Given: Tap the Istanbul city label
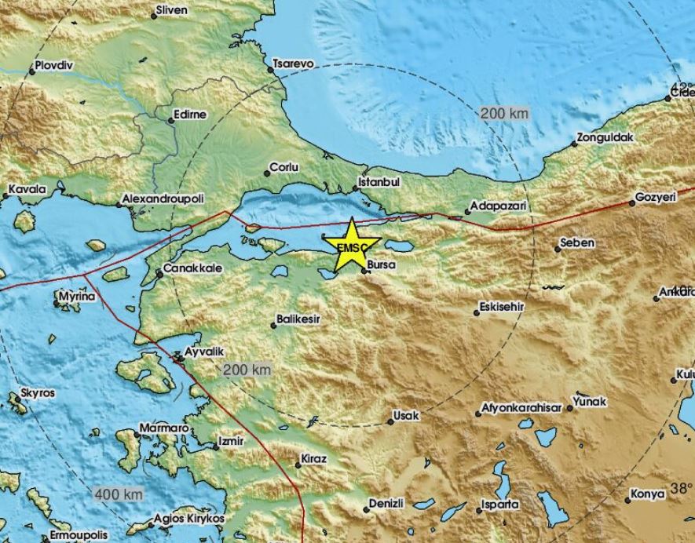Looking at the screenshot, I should (x=379, y=181).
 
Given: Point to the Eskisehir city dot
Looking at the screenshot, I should (x=477, y=312).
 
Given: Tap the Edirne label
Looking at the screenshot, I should (x=192, y=115).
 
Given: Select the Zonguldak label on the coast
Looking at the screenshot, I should (x=605, y=137).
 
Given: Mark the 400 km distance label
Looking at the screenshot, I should (x=118, y=494).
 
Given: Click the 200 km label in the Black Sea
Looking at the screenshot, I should (x=503, y=114).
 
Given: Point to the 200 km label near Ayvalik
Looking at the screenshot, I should (x=247, y=370).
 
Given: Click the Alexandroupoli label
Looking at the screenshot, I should (x=164, y=202).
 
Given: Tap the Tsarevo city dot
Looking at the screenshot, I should (x=270, y=70).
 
